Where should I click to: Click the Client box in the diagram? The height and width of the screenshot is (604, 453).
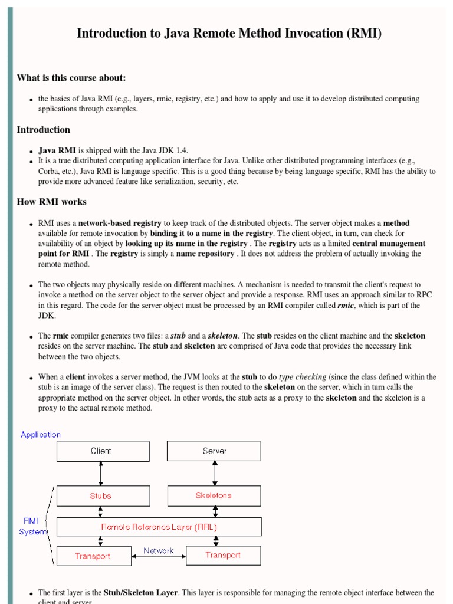103,451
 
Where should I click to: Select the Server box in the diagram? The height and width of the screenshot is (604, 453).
214,451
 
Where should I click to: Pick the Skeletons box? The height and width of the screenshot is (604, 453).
214,496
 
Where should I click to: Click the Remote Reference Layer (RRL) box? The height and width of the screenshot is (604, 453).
159,527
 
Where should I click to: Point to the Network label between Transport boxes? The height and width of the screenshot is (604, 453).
159,551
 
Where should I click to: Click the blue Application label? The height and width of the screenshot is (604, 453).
41,435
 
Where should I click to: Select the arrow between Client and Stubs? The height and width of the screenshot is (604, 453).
101,474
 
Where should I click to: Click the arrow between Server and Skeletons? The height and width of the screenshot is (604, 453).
214,474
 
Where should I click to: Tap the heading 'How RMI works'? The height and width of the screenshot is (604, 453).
51,202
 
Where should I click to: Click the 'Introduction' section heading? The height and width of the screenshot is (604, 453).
43,130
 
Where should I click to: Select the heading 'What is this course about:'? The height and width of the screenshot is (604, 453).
71,78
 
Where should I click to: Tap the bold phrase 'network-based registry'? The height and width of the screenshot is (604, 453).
120,224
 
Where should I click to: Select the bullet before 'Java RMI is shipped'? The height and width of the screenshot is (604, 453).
31,152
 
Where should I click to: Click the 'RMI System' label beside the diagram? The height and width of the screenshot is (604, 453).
32,526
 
